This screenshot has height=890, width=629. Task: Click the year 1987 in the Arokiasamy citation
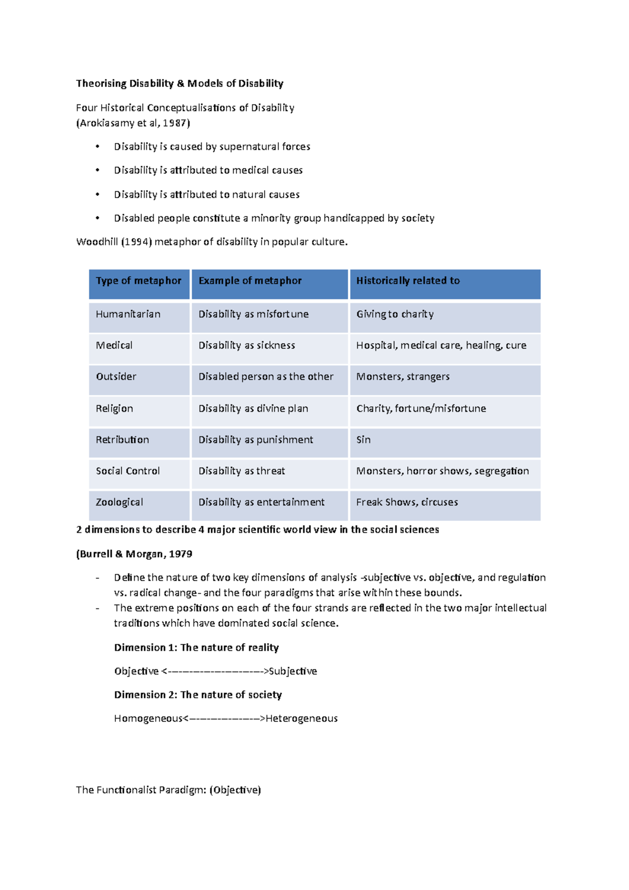pyautogui.click(x=174, y=123)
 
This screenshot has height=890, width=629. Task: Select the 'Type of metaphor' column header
pyautogui.click(x=138, y=281)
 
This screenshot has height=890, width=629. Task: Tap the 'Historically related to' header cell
pyautogui.click(x=408, y=281)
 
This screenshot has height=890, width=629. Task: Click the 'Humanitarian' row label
pyautogui.click(x=128, y=314)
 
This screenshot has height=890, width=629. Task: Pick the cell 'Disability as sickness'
pyautogui.click(x=246, y=345)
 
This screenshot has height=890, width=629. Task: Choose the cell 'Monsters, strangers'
pyautogui.click(x=403, y=377)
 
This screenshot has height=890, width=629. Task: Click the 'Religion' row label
pyautogui.click(x=114, y=409)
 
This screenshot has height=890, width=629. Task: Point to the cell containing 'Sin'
pyautogui.click(x=363, y=440)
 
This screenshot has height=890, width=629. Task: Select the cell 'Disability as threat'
pyautogui.click(x=242, y=471)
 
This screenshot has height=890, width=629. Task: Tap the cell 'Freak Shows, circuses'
pyautogui.click(x=407, y=502)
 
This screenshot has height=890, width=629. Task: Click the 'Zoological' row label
pyautogui.click(x=119, y=502)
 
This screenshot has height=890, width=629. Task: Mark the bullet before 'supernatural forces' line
pyautogui.click(x=97, y=147)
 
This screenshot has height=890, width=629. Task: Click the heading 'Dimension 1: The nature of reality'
pyautogui.click(x=196, y=648)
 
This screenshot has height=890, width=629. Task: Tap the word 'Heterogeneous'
pyautogui.click(x=301, y=719)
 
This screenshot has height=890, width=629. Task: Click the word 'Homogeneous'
pyautogui.click(x=148, y=719)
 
